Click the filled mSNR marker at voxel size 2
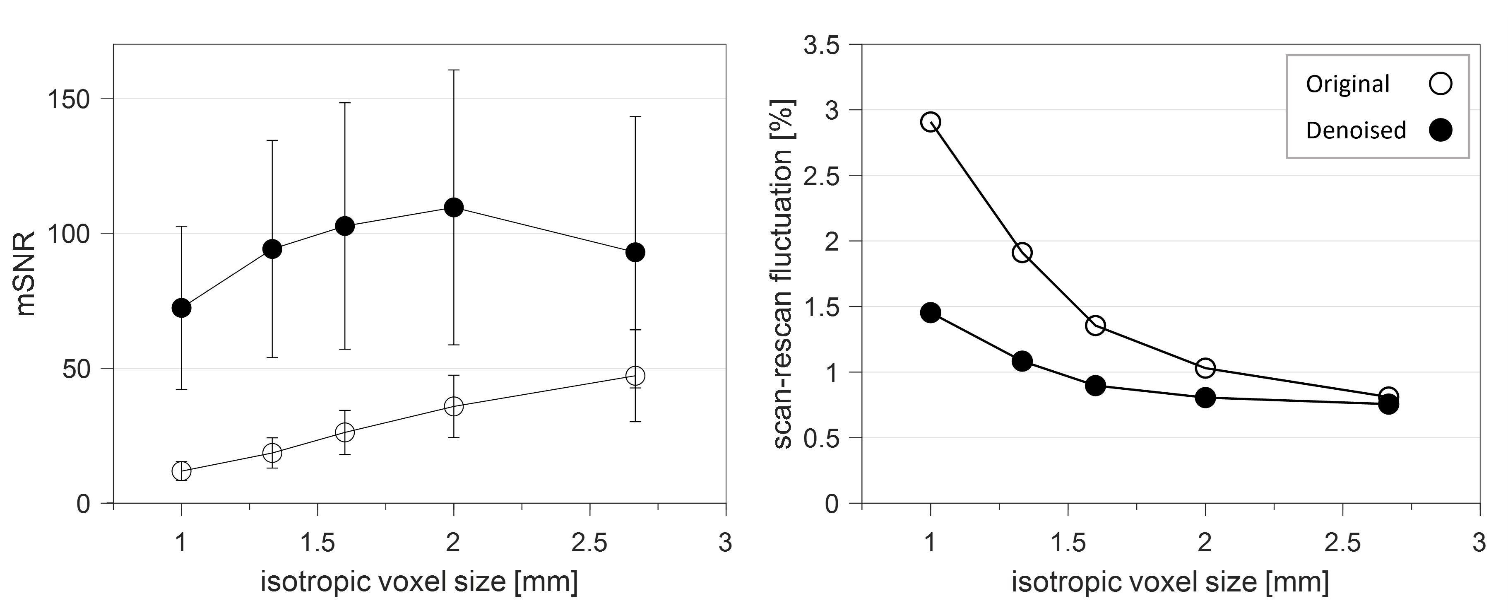(454, 207)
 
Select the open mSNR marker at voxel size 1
(181, 471)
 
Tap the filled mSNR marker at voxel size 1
(181, 308)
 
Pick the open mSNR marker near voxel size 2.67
(635, 375)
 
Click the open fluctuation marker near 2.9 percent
(930, 122)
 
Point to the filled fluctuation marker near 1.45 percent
(930, 313)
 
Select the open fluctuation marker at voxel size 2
(1205, 368)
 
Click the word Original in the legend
(1348, 85)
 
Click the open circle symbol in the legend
(1440, 83)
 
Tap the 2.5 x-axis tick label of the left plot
(589, 543)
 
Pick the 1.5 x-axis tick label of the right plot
(1068, 543)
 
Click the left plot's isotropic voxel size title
(419, 582)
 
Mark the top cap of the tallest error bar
(454, 70)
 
